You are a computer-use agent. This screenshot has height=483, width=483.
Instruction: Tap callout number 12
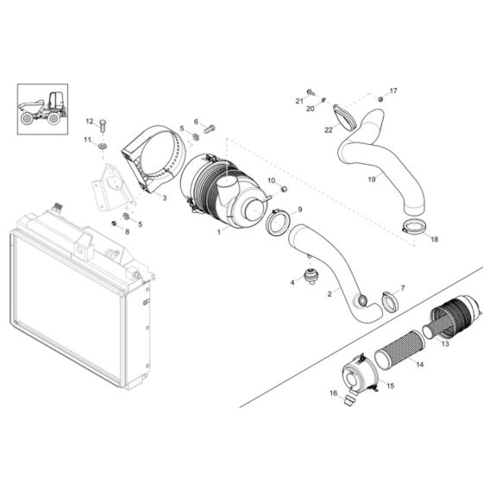pos(89,122)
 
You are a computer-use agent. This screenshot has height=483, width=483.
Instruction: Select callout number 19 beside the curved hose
pos(372,179)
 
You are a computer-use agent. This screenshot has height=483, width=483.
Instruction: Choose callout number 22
pos(329,129)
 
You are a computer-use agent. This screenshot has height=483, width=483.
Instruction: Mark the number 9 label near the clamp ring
pos(300,210)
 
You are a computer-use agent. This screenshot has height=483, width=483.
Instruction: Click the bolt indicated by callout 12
pos(103,126)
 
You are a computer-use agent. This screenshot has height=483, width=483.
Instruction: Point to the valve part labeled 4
pos(312,275)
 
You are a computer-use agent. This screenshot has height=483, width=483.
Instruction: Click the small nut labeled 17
pos(379,100)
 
